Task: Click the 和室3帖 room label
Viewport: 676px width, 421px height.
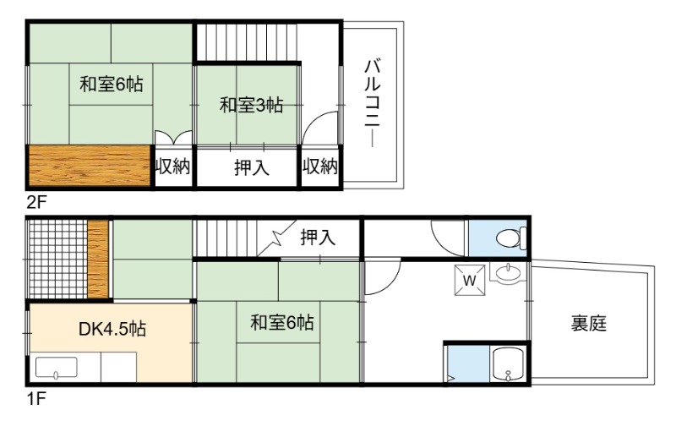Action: [x=251, y=105]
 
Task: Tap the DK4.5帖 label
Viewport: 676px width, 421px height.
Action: [x=112, y=329]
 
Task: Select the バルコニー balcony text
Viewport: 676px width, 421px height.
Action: [x=372, y=103]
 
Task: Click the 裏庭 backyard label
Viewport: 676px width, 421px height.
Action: [x=589, y=324]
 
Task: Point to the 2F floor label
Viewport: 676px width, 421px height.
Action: [x=36, y=202]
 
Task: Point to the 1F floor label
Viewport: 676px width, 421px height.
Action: [x=36, y=399]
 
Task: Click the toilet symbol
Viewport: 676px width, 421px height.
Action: [x=511, y=238]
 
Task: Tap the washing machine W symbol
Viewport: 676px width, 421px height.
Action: [x=470, y=281]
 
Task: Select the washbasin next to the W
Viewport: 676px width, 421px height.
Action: [x=508, y=274]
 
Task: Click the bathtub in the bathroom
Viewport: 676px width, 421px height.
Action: [x=508, y=364]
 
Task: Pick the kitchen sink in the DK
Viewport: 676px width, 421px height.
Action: [x=56, y=368]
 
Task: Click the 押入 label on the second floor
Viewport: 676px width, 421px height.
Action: [x=251, y=167]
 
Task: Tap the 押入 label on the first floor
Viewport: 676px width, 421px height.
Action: [x=318, y=238]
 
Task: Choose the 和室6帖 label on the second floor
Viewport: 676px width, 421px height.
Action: [x=112, y=84]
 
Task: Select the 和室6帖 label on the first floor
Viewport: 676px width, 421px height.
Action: [x=282, y=323]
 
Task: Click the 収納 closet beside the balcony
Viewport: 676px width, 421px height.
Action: [x=319, y=166]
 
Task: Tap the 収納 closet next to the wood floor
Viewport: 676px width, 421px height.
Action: [x=172, y=166]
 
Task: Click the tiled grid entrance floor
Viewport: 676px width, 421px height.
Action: [x=57, y=259]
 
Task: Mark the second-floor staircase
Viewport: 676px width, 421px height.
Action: [x=247, y=41]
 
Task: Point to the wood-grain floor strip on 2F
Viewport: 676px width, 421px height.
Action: [x=90, y=166]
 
